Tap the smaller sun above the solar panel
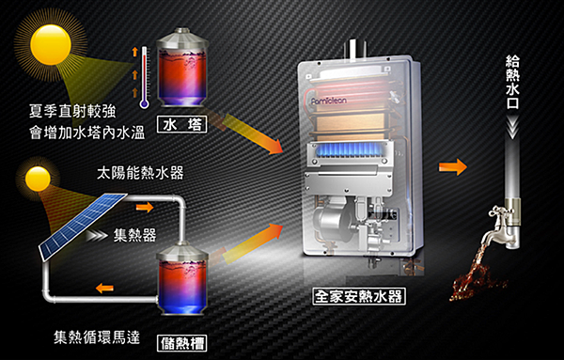coord(38,179)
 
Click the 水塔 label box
coord(183,123)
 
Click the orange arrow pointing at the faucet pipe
coord(453,166)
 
